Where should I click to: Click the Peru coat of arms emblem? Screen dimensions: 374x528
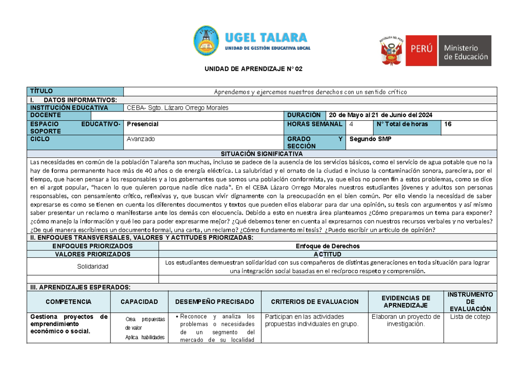click(391, 51)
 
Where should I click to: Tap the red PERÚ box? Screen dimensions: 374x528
click(422, 51)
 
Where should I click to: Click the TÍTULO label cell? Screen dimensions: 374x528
click(75, 92)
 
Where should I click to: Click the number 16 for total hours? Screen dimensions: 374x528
click(448, 124)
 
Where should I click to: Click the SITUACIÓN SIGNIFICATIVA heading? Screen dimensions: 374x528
click(262, 154)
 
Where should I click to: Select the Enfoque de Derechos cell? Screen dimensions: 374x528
click(327, 246)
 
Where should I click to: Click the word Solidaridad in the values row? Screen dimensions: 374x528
click(93, 267)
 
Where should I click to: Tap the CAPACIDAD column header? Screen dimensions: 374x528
click(139, 302)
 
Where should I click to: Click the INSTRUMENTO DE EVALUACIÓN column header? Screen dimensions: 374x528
click(469, 302)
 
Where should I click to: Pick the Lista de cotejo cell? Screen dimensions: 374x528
click(469, 317)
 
